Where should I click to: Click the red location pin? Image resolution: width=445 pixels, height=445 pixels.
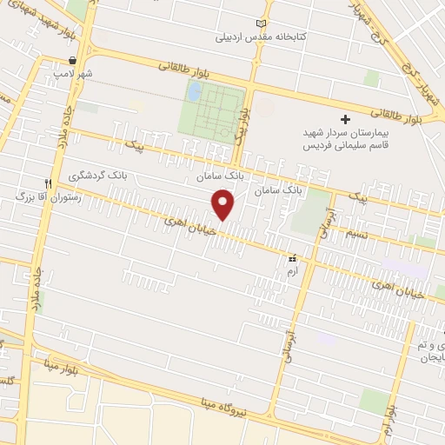tap(224, 204)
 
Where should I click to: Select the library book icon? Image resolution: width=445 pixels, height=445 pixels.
tap(264, 23)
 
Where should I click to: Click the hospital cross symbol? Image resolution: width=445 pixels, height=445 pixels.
tap(345, 119)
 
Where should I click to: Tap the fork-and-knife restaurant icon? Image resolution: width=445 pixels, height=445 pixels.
tap(50, 183)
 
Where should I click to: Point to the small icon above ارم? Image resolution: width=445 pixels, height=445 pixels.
tap(292, 258)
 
